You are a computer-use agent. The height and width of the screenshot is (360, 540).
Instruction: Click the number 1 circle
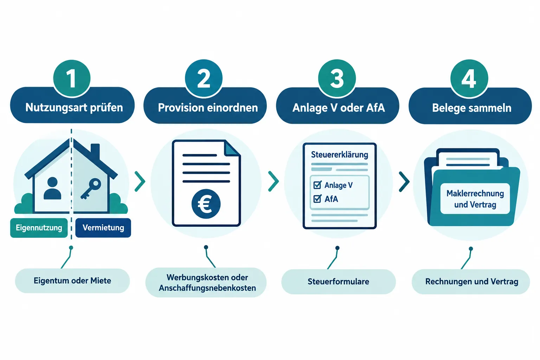(72, 79)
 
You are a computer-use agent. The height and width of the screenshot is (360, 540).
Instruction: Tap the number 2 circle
(204, 78)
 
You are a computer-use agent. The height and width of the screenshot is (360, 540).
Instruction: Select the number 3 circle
(337, 78)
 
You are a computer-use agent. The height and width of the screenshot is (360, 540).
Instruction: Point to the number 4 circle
(469, 79)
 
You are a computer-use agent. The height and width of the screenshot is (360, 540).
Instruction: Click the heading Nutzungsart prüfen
(74, 108)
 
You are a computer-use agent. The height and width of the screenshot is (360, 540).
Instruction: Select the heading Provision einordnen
(208, 108)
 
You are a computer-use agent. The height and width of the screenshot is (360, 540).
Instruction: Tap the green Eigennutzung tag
(39, 228)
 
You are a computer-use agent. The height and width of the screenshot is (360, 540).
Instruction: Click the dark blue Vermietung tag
(103, 228)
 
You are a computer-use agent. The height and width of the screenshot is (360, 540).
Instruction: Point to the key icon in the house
(91, 188)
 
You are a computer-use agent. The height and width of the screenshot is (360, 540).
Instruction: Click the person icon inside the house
(52, 188)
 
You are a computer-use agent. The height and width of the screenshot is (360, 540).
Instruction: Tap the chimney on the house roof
(95, 151)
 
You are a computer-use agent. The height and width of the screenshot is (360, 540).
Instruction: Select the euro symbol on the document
(206, 204)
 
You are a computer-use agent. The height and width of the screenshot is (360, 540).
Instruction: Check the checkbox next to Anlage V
(317, 185)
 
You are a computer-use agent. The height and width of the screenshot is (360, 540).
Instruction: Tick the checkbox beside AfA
(317, 199)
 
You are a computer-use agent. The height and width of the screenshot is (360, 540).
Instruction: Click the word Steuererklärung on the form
(339, 155)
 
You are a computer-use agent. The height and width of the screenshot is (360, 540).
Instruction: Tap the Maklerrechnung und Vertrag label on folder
(475, 199)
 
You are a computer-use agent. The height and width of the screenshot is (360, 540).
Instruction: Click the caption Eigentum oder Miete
(72, 281)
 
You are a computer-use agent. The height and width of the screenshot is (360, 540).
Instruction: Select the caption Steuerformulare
(339, 282)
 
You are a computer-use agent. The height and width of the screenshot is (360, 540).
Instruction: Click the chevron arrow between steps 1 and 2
(140, 181)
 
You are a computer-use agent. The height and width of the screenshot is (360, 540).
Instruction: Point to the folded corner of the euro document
(232, 148)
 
